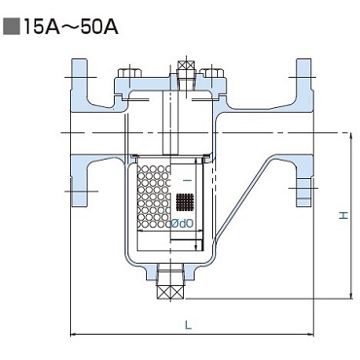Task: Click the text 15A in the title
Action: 40,27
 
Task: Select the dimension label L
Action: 189,325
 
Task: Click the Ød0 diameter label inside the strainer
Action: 183,224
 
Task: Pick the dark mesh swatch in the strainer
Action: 185,202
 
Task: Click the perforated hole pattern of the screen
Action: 154,197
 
